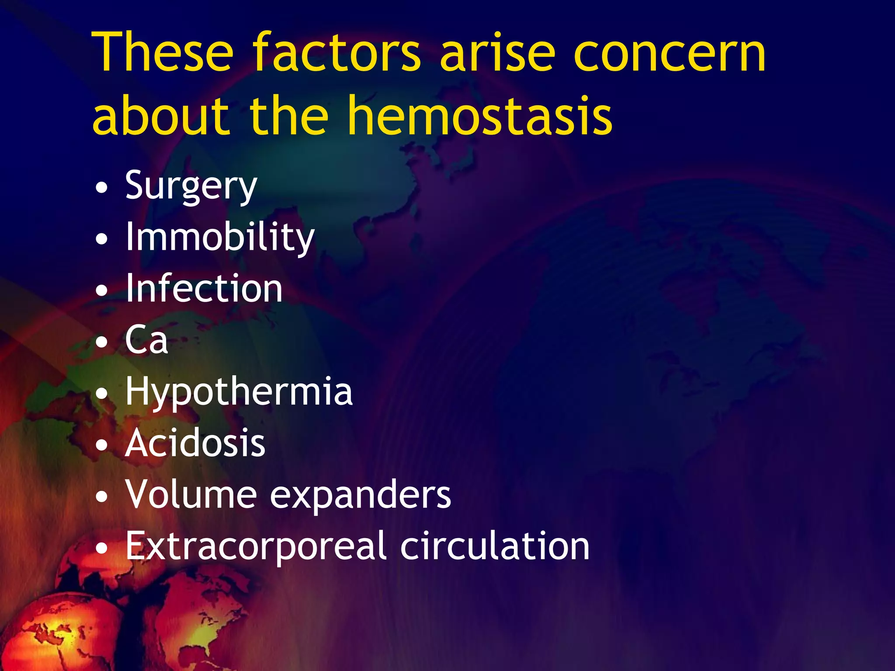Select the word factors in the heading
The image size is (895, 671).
click(336, 52)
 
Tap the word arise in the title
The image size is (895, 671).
click(498, 52)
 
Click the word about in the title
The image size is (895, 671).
click(161, 116)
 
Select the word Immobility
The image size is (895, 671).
click(220, 238)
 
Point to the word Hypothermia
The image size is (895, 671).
click(239, 392)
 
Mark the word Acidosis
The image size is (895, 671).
click(195, 443)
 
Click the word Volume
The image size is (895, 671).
click(191, 495)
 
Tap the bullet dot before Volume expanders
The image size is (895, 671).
click(101, 497)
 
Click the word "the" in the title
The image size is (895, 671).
click(289, 116)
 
